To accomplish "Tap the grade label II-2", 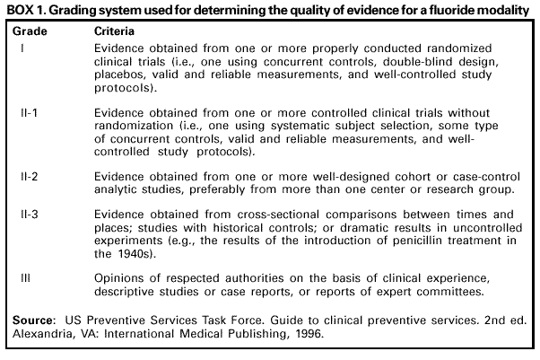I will tap(28, 178).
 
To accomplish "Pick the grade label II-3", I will tap(28, 215).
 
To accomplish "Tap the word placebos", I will tap(124, 76).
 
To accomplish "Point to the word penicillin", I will tap(402, 241).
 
